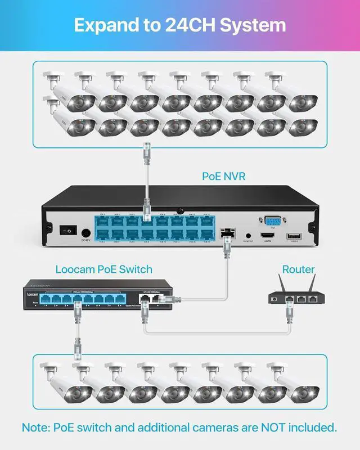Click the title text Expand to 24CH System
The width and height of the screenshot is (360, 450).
pyautogui.click(x=180, y=25)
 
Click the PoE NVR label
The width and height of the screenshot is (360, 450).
pyautogui.click(x=224, y=176)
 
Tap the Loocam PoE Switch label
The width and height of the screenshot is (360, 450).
pyautogui.click(x=104, y=269)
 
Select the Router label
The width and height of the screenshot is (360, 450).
pyautogui.click(x=298, y=269)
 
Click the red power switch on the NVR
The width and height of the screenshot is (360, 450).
pyautogui.click(x=69, y=230)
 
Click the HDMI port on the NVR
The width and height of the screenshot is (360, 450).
pyautogui.click(x=267, y=236)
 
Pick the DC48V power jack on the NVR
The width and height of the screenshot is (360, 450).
pyautogui.click(x=86, y=232)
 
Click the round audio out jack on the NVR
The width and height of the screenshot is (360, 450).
pyautogui.click(x=247, y=237)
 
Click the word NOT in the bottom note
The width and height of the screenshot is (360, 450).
pyautogui.click(x=265, y=427)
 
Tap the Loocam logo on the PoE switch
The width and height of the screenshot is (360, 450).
pyautogui.click(x=34, y=293)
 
